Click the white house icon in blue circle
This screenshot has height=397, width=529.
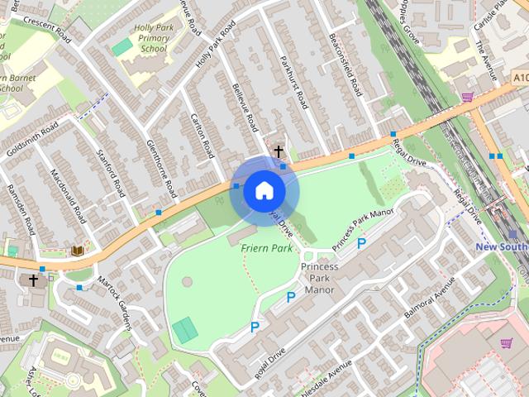264,191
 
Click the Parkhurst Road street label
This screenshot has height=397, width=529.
293,83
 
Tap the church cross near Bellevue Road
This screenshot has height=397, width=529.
279,151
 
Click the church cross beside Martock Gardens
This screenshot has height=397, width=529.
34,280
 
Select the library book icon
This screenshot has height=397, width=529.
78,250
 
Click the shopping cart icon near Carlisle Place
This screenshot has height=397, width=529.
468,97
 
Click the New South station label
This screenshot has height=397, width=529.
501,247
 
